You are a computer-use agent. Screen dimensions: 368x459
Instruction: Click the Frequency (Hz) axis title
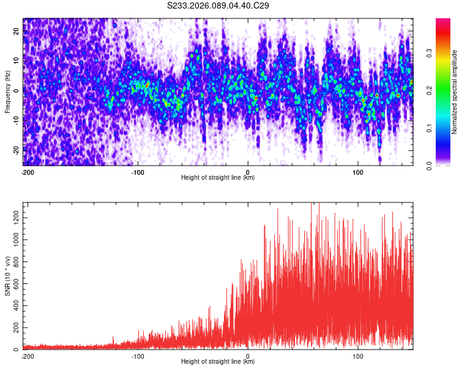tap(7, 92)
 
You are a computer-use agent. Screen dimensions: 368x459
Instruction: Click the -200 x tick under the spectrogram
tap(27, 172)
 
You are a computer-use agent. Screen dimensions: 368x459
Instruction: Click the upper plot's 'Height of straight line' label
tap(218, 178)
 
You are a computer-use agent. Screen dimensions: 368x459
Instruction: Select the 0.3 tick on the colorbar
tap(430, 53)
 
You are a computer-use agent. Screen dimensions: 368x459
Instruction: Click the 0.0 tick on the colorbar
tap(430, 165)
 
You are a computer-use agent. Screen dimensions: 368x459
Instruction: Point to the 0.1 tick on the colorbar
tap(430, 128)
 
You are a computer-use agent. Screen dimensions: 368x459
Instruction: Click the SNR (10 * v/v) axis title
tap(7, 276)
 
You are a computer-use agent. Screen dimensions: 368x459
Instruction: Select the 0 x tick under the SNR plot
tap(248, 356)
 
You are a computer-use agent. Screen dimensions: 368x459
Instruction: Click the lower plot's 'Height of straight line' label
tap(218, 362)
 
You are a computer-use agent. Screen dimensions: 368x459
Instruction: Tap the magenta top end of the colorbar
tap(443, 22)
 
